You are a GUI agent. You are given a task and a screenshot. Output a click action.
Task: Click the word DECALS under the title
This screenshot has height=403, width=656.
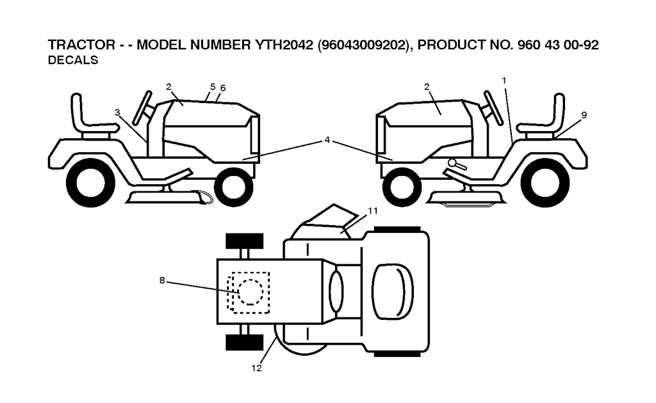(73, 60)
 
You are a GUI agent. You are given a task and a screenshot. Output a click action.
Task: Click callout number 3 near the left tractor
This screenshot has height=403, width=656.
(118, 113)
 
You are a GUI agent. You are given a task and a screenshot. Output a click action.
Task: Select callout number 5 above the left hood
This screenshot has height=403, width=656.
(213, 86)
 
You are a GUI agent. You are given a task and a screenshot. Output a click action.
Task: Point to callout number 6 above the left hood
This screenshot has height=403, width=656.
(223, 88)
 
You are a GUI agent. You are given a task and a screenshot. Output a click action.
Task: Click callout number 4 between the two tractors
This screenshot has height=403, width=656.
(327, 140)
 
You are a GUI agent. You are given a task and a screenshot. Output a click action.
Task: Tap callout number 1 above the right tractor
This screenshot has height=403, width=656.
(504, 80)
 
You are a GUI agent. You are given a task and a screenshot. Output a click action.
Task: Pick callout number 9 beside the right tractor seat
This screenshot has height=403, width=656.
(584, 115)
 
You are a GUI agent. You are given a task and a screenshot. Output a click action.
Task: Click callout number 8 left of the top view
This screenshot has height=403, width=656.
(162, 280)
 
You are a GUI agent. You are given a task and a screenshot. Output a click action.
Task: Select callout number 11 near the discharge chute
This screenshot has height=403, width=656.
(372, 210)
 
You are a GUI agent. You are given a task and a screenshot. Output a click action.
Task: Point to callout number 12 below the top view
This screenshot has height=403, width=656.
(256, 368)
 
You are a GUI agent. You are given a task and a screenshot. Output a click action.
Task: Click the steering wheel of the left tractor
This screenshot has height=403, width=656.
(142, 107)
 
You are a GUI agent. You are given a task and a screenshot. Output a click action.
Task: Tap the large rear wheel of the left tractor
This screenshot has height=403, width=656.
(90, 182)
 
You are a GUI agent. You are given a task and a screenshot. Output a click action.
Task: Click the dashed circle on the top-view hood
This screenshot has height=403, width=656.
(250, 292)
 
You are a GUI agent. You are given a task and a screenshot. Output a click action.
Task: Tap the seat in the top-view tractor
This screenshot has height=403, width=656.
(393, 292)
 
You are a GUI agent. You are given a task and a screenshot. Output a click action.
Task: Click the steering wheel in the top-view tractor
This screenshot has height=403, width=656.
(336, 291)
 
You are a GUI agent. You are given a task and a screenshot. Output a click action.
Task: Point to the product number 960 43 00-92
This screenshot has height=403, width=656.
(558, 45)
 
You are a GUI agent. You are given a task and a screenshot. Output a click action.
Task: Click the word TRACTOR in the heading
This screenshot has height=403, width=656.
(81, 45)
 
